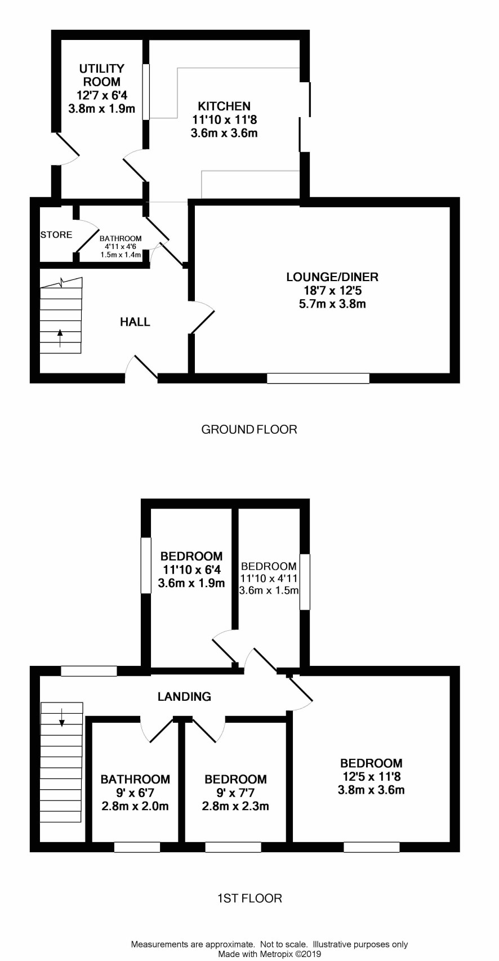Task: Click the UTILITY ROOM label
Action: pyautogui.click(x=102, y=75)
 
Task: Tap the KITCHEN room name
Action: pyautogui.click(x=224, y=106)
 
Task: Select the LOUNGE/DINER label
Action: pyautogui.click(x=332, y=277)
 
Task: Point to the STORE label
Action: pyautogui.click(x=56, y=235)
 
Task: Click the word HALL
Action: pyautogui.click(x=135, y=322)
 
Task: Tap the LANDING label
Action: pyautogui.click(x=184, y=696)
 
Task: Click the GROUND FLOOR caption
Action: pyautogui.click(x=249, y=429)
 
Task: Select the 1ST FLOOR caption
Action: pyautogui.click(x=249, y=898)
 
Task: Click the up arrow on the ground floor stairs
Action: pyautogui.click(x=60, y=337)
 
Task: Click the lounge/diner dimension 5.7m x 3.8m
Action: pyautogui.click(x=332, y=304)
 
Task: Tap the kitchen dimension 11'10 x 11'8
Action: pyautogui.click(x=224, y=119)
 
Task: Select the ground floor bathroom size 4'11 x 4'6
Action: pyautogui.click(x=121, y=247)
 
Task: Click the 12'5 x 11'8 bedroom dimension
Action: pyautogui.click(x=371, y=776)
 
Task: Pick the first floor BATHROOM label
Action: pyautogui.click(x=135, y=779)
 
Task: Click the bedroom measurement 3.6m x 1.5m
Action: pyautogui.click(x=269, y=590)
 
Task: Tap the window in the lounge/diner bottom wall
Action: pyautogui.click(x=318, y=378)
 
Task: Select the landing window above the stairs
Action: pyautogui.click(x=89, y=671)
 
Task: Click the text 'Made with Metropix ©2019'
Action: pyautogui.click(x=269, y=954)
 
